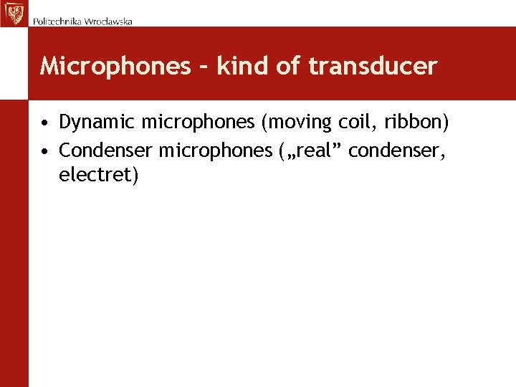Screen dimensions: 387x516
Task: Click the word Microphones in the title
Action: point(115,67)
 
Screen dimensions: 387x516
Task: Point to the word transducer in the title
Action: point(373,67)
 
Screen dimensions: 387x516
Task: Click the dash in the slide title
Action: point(203,67)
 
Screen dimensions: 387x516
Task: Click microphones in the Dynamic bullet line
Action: point(198,123)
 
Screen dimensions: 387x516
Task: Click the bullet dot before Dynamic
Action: point(44,123)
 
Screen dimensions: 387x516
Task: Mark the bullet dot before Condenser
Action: point(44,151)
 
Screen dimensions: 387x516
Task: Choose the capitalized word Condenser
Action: point(106,150)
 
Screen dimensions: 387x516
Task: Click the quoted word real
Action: point(315,150)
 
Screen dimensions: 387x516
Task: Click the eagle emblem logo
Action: point(13,13)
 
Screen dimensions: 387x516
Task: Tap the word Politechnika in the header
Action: point(57,21)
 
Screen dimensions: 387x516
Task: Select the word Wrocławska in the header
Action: point(108,21)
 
